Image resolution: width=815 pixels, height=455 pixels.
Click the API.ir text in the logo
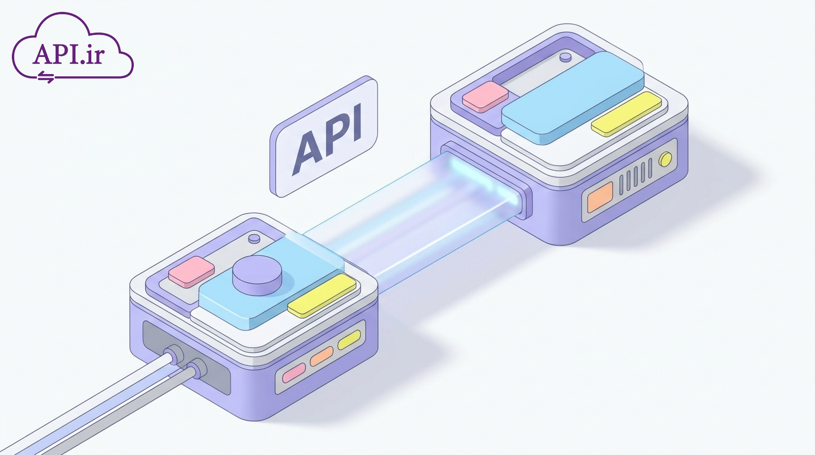click(x=69, y=55)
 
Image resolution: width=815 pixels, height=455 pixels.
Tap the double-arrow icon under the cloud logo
click(x=46, y=77)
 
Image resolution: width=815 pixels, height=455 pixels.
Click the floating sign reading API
click(x=323, y=136)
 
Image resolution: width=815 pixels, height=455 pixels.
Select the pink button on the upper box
click(x=485, y=97)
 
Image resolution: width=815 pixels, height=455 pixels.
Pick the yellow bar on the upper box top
click(x=626, y=114)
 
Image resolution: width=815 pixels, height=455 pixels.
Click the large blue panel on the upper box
click(x=573, y=98)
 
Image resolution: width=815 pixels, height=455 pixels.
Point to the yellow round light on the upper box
click(x=666, y=159)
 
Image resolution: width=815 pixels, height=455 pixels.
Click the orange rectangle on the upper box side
click(x=600, y=197)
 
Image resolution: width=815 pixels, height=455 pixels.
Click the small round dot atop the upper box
click(x=566, y=57)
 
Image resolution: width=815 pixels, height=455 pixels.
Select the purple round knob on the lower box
click(x=257, y=275)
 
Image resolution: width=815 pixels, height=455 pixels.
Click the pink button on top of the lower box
click(x=191, y=271)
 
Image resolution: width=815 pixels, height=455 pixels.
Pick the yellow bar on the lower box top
click(x=322, y=296)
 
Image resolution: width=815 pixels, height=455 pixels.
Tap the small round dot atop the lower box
click(x=254, y=239)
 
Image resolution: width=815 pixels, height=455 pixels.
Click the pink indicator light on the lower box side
click(x=294, y=373)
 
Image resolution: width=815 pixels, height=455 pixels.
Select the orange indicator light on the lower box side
click(x=322, y=356)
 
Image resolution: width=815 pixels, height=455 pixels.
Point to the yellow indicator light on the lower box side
click(x=349, y=340)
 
